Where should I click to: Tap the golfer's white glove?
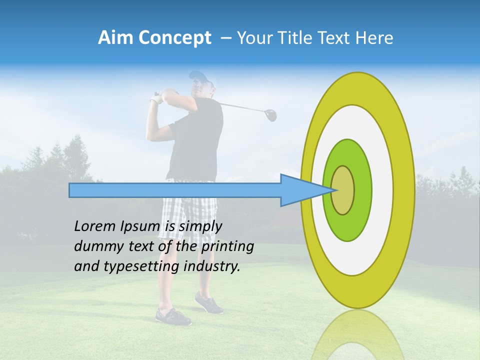click(158, 97)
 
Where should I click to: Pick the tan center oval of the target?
click(343, 190)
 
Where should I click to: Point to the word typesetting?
click(141, 266)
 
